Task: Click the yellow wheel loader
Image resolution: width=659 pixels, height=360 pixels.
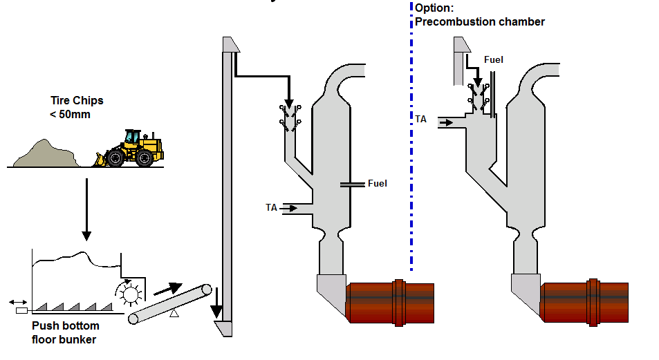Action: click(x=135, y=148)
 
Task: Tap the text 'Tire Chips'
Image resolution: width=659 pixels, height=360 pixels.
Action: click(x=77, y=101)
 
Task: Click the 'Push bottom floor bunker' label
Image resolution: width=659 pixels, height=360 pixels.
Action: click(x=65, y=332)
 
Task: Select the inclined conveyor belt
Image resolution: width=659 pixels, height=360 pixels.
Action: click(x=169, y=305)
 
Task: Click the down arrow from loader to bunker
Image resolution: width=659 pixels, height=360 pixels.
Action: click(x=86, y=207)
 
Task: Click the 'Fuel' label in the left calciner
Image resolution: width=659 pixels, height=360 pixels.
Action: click(x=377, y=184)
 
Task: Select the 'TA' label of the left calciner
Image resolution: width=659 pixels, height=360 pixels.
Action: click(x=272, y=207)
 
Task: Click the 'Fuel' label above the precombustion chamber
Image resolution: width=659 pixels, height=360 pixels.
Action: click(x=493, y=59)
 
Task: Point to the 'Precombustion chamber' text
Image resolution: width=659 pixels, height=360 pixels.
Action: click(x=479, y=22)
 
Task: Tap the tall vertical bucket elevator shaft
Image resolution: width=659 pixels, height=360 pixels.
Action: click(x=225, y=187)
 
